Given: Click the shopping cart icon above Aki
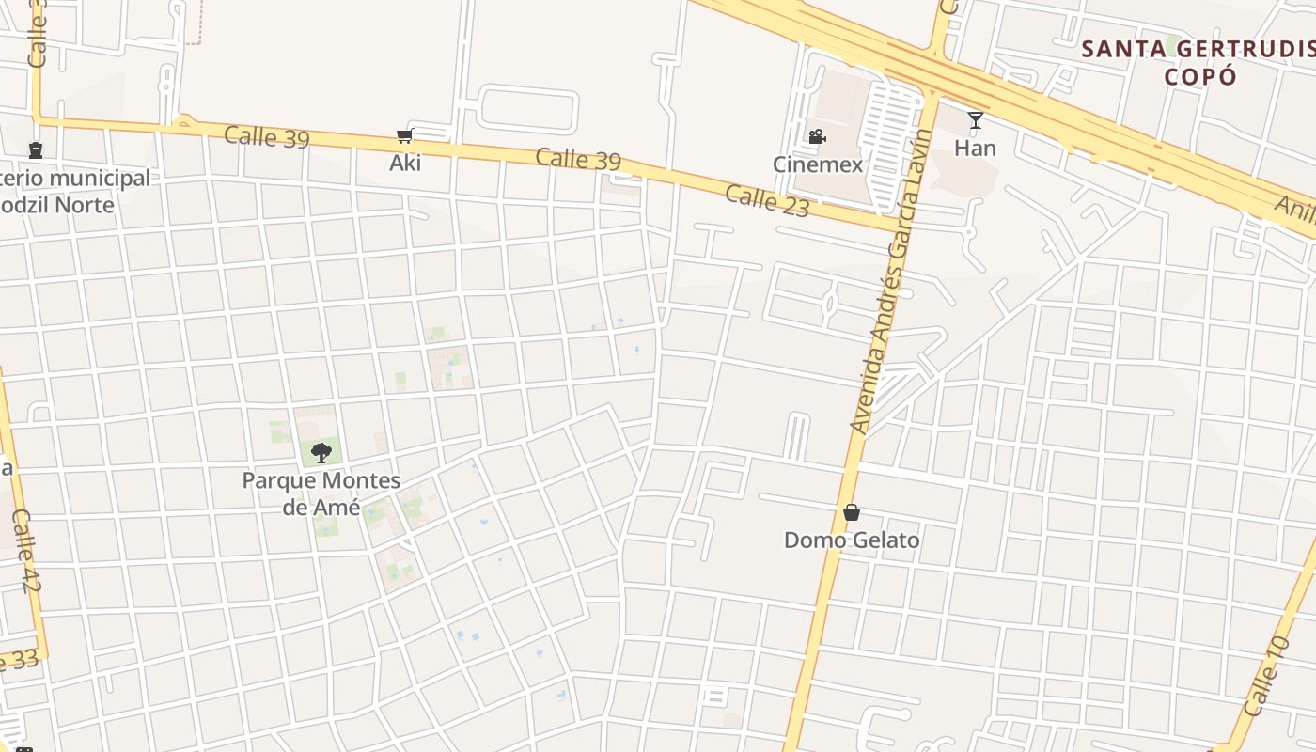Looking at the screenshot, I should (405, 136).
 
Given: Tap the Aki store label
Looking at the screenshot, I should (405, 163).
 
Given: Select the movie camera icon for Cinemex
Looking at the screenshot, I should (817, 136).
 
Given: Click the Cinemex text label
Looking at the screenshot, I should (817, 164).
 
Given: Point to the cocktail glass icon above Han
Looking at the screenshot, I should (976, 120).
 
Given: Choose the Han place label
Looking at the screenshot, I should (975, 148).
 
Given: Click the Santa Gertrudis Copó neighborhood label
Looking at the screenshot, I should (1197, 62).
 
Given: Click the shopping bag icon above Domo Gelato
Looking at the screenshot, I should (852, 512).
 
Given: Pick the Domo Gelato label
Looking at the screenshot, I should (852, 540).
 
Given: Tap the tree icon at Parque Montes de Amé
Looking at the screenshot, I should (321, 452).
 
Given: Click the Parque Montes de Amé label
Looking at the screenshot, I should (321, 493).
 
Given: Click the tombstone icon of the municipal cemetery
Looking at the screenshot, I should (36, 150).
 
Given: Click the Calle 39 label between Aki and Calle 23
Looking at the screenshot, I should (578, 159).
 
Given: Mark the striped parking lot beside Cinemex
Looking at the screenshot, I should (889, 141).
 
